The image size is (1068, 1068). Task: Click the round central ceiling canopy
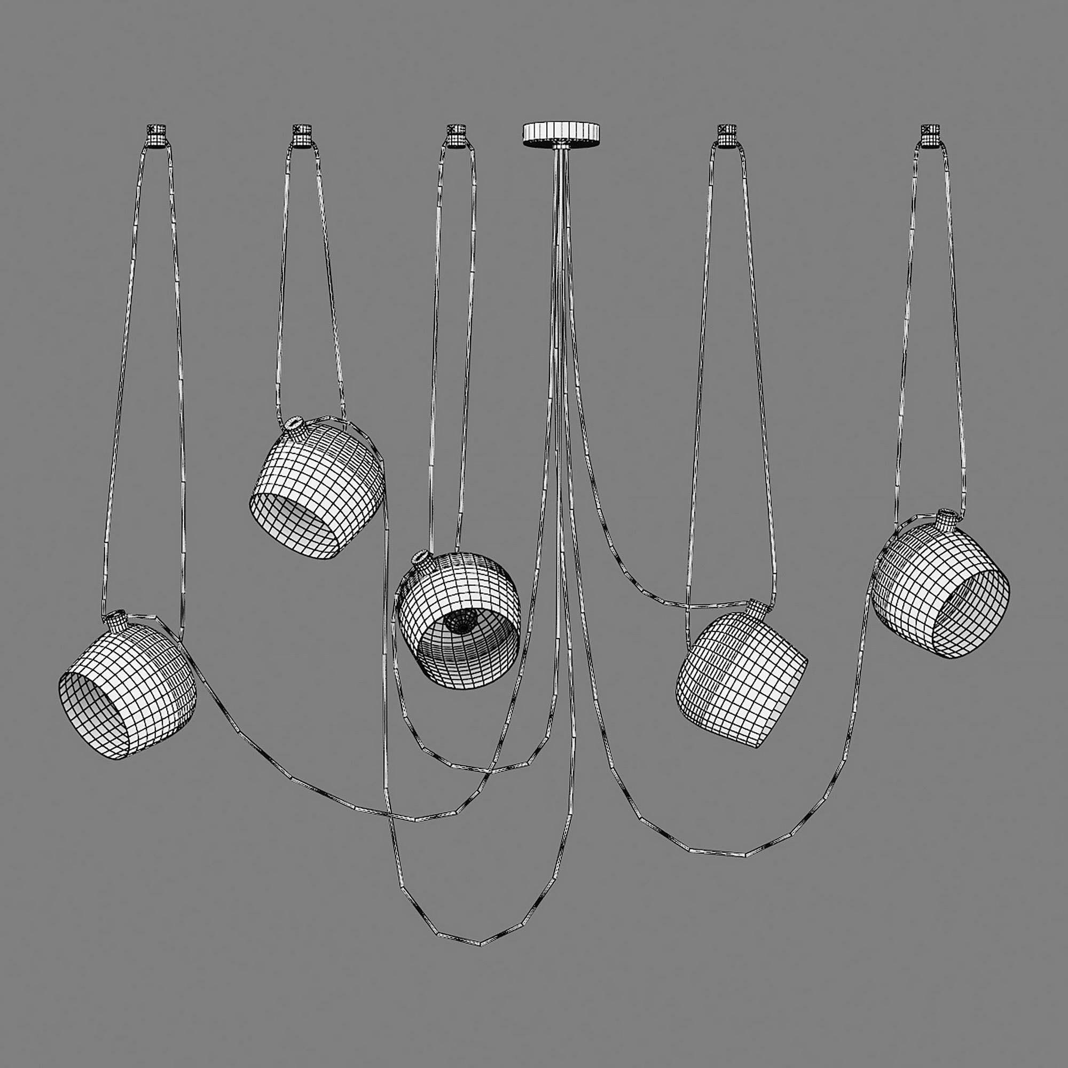coord(561,133)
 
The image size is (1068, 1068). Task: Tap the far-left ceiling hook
coord(157,135)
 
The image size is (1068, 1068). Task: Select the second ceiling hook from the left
coord(302,135)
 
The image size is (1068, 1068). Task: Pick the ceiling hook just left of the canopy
coord(456,135)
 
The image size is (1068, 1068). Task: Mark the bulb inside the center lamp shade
coord(460,623)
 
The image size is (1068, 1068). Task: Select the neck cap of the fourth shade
coord(757,610)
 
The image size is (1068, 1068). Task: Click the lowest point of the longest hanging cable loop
coord(480,944)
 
